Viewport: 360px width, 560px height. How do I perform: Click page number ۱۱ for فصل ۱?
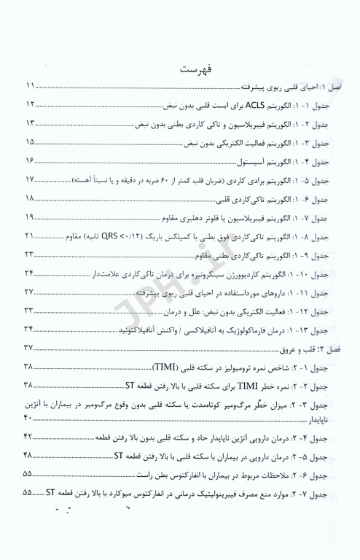(31, 85)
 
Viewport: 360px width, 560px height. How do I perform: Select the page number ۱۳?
(31, 123)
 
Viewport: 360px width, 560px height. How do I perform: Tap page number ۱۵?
(31, 142)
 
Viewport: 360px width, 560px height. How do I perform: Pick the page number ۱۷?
(31, 179)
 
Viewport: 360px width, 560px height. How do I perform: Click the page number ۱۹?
(31, 217)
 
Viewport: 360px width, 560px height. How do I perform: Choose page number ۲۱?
(31, 236)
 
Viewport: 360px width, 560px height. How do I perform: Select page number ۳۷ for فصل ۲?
(31, 349)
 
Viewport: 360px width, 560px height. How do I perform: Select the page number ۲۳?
(31, 254)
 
